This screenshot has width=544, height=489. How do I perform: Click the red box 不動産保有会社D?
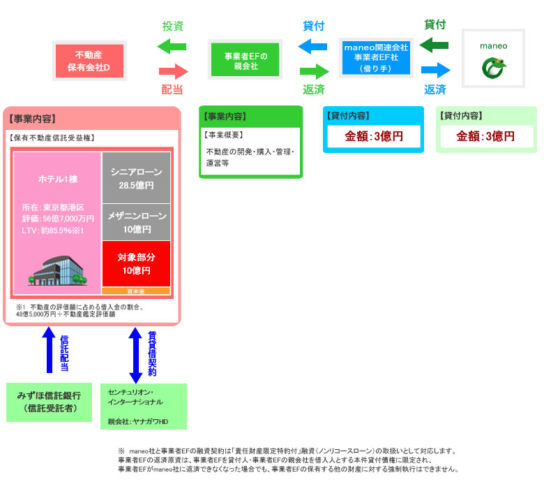click(89, 61)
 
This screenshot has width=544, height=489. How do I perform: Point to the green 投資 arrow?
click(172, 48)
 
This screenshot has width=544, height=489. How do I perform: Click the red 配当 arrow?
click(174, 71)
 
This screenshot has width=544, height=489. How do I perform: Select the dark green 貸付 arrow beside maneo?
click(435, 45)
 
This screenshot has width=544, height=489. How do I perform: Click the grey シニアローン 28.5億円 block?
click(136, 177)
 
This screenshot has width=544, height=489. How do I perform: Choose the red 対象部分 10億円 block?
click(136, 263)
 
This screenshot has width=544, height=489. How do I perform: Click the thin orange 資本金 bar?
click(136, 291)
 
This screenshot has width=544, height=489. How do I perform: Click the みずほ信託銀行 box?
click(49, 402)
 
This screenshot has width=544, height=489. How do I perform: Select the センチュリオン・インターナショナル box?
click(144, 406)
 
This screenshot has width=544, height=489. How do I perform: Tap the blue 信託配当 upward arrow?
click(49, 350)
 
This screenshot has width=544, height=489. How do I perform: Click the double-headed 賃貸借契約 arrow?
click(136, 356)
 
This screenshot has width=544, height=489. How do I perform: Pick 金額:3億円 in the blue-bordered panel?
click(374, 136)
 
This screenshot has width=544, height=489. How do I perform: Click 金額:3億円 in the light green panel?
click(485, 136)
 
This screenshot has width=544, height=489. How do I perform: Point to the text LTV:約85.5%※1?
click(53, 230)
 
